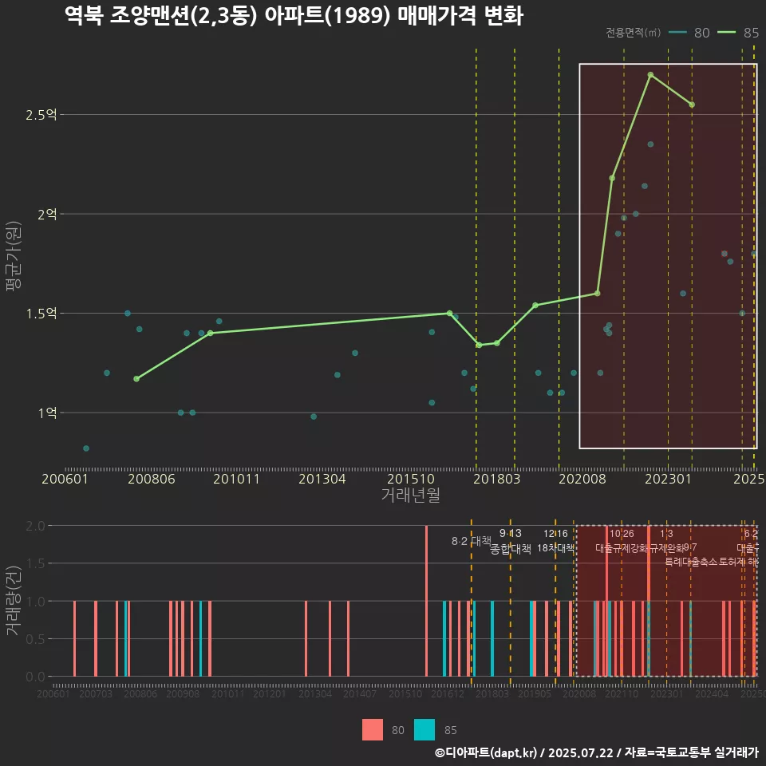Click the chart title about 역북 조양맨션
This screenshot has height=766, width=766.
(293, 16)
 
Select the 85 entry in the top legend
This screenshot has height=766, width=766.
(738, 33)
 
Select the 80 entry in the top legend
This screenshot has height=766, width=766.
(690, 33)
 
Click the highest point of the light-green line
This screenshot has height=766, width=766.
(650, 75)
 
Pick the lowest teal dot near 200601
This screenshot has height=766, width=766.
(86, 448)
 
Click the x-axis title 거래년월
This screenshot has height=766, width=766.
(410, 495)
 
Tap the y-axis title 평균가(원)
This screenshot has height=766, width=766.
(14, 263)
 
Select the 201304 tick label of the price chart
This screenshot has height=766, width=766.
(322, 479)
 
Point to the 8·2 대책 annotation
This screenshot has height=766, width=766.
(471, 541)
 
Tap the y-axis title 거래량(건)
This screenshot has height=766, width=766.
(14, 601)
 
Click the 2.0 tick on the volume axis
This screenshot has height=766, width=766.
(35, 526)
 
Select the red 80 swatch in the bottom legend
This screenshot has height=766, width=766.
(373, 730)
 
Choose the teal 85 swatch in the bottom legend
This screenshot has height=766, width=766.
(424, 730)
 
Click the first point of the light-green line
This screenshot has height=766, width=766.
(136, 379)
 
